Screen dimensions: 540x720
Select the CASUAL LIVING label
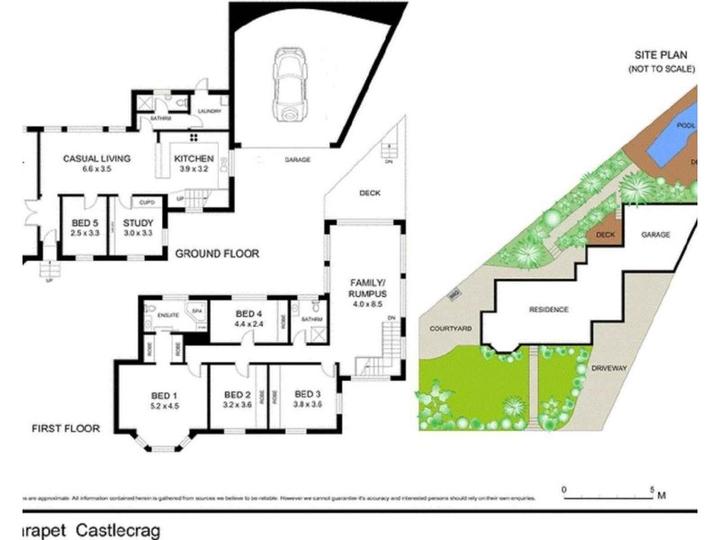pyautogui.click(x=96, y=158)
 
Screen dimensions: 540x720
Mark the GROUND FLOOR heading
pyautogui.click(x=217, y=254)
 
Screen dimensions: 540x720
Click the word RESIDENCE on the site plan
pyautogui.click(x=548, y=310)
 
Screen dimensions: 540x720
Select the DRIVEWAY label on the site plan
pyautogui.click(x=616, y=369)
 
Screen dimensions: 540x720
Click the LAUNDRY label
pyautogui.click(x=209, y=111)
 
